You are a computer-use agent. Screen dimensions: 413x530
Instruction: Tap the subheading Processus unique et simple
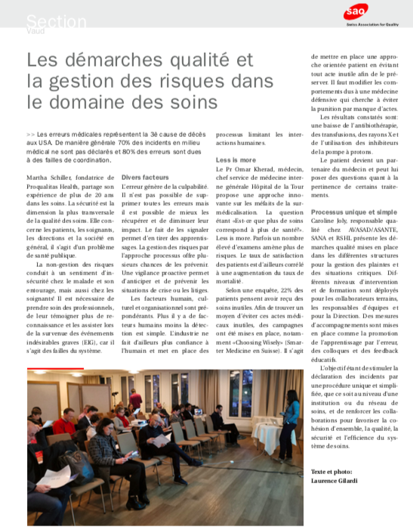click(x=353, y=213)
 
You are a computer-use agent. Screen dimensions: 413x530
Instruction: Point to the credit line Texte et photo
click(x=332, y=471)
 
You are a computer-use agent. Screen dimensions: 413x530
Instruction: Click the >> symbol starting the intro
click(x=29, y=132)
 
